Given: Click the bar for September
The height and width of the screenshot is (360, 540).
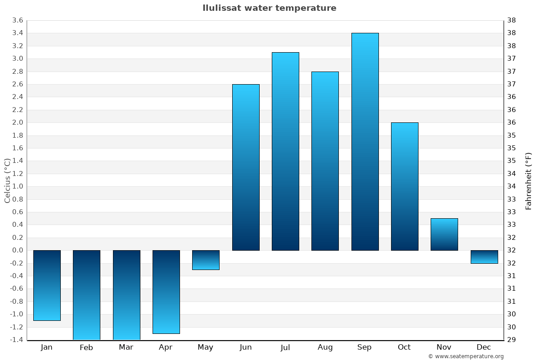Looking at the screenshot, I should pyautogui.click(x=364, y=142).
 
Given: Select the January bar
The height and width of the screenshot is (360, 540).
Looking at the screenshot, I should pyautogui.click(x=47, y=285).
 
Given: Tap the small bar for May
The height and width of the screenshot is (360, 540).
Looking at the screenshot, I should pyautogui.click(x=206, y=260).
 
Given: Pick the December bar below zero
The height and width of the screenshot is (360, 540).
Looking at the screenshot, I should pyautogui.click(x=484, y=257).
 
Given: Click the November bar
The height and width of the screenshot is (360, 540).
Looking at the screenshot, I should pyautogui.click(x=444, y=234).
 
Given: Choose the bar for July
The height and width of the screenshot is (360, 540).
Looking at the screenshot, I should pyautogui.click(x=285, y=151).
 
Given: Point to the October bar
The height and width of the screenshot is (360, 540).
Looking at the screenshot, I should pyautogui.click(x=405, y=186).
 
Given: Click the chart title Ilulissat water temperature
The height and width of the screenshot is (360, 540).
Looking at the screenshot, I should pyautogui.click(x=269, y=8).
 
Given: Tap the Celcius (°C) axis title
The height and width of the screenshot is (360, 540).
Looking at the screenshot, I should pyautogui.click(x=7, y=180).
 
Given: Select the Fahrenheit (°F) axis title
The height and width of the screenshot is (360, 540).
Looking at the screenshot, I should pyautogui.click(x=528, y=180).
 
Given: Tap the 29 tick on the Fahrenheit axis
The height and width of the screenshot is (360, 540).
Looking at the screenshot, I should pyautogui.click(x=511, y=340).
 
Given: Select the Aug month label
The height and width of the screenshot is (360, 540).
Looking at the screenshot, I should pyautogui.click(x=325, y=347).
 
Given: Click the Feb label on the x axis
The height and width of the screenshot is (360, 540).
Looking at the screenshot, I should pyautogui.click(x=86, y=347).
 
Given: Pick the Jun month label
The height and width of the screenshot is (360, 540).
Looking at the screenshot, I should pyautogui.click(x=246, y=347).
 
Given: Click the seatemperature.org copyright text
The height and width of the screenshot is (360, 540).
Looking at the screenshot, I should pyautogui.click(x=465, y=356).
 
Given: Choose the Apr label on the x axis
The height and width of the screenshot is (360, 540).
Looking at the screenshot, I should pyautogui.click(x=166, y=347).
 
